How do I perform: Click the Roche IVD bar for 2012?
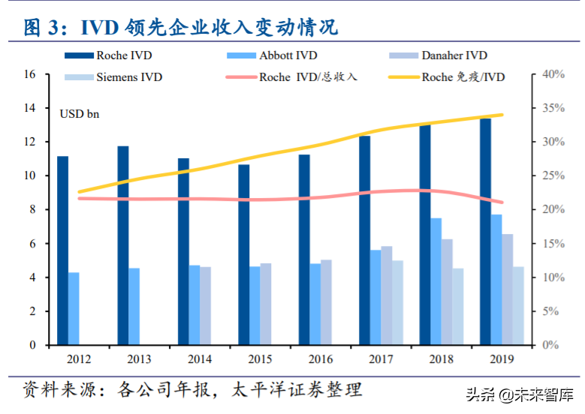[x=62, y=250]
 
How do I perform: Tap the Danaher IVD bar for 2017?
[x=386, y=295]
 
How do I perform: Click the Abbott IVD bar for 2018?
[x=436, y=281]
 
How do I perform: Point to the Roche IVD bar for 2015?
[x=244, y=254]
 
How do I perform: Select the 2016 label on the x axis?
[x=319, y=358]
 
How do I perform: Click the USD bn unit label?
[x=79, y=114]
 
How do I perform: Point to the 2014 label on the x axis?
[x=198, y=358]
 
